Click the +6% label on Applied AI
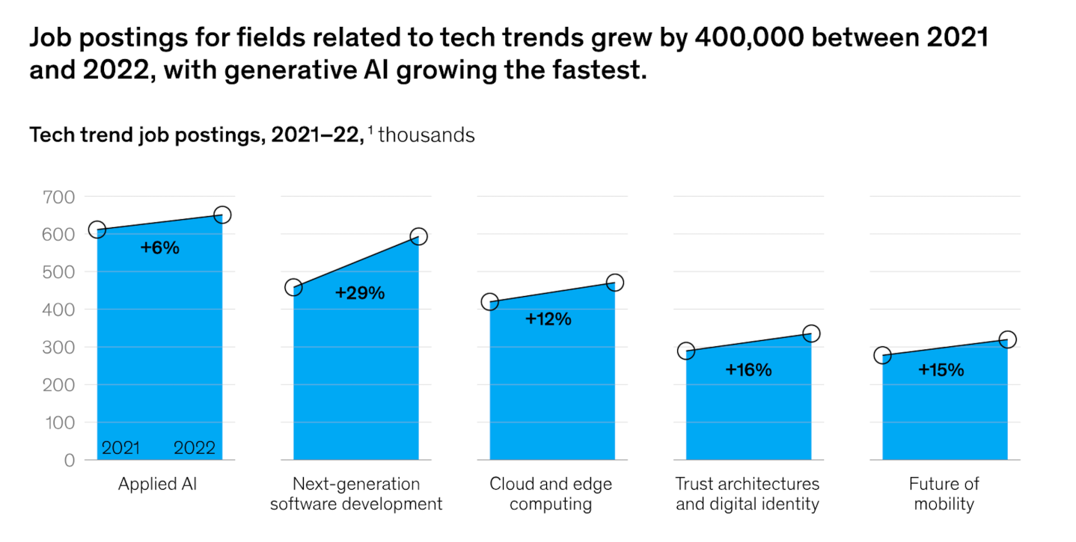(x=160, y=248)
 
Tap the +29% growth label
(x=360, y=293)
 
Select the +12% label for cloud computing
(x=548, y=319)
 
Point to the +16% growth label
(x=748, y=369)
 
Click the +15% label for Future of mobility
(x=941, y=369)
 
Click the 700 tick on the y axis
(x=60, y=197)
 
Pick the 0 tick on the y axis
(x=70, y=461)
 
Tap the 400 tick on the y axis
(x=60, y=310)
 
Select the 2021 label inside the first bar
(x=120, y=449)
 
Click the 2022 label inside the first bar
(x=195, y=449)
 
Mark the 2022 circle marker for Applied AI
(x=222, y=215)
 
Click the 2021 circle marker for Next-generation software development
(x=294, y=288)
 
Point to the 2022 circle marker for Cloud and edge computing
(x=615, y=283)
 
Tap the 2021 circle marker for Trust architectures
(x=686, y=351)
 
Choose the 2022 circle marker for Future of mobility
(x=1008, y=340)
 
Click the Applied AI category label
(x=157, y=484)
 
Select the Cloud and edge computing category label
(x=551, y=494)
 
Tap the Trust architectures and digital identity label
(x=748, y=494)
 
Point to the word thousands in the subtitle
(x=427, y=135)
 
